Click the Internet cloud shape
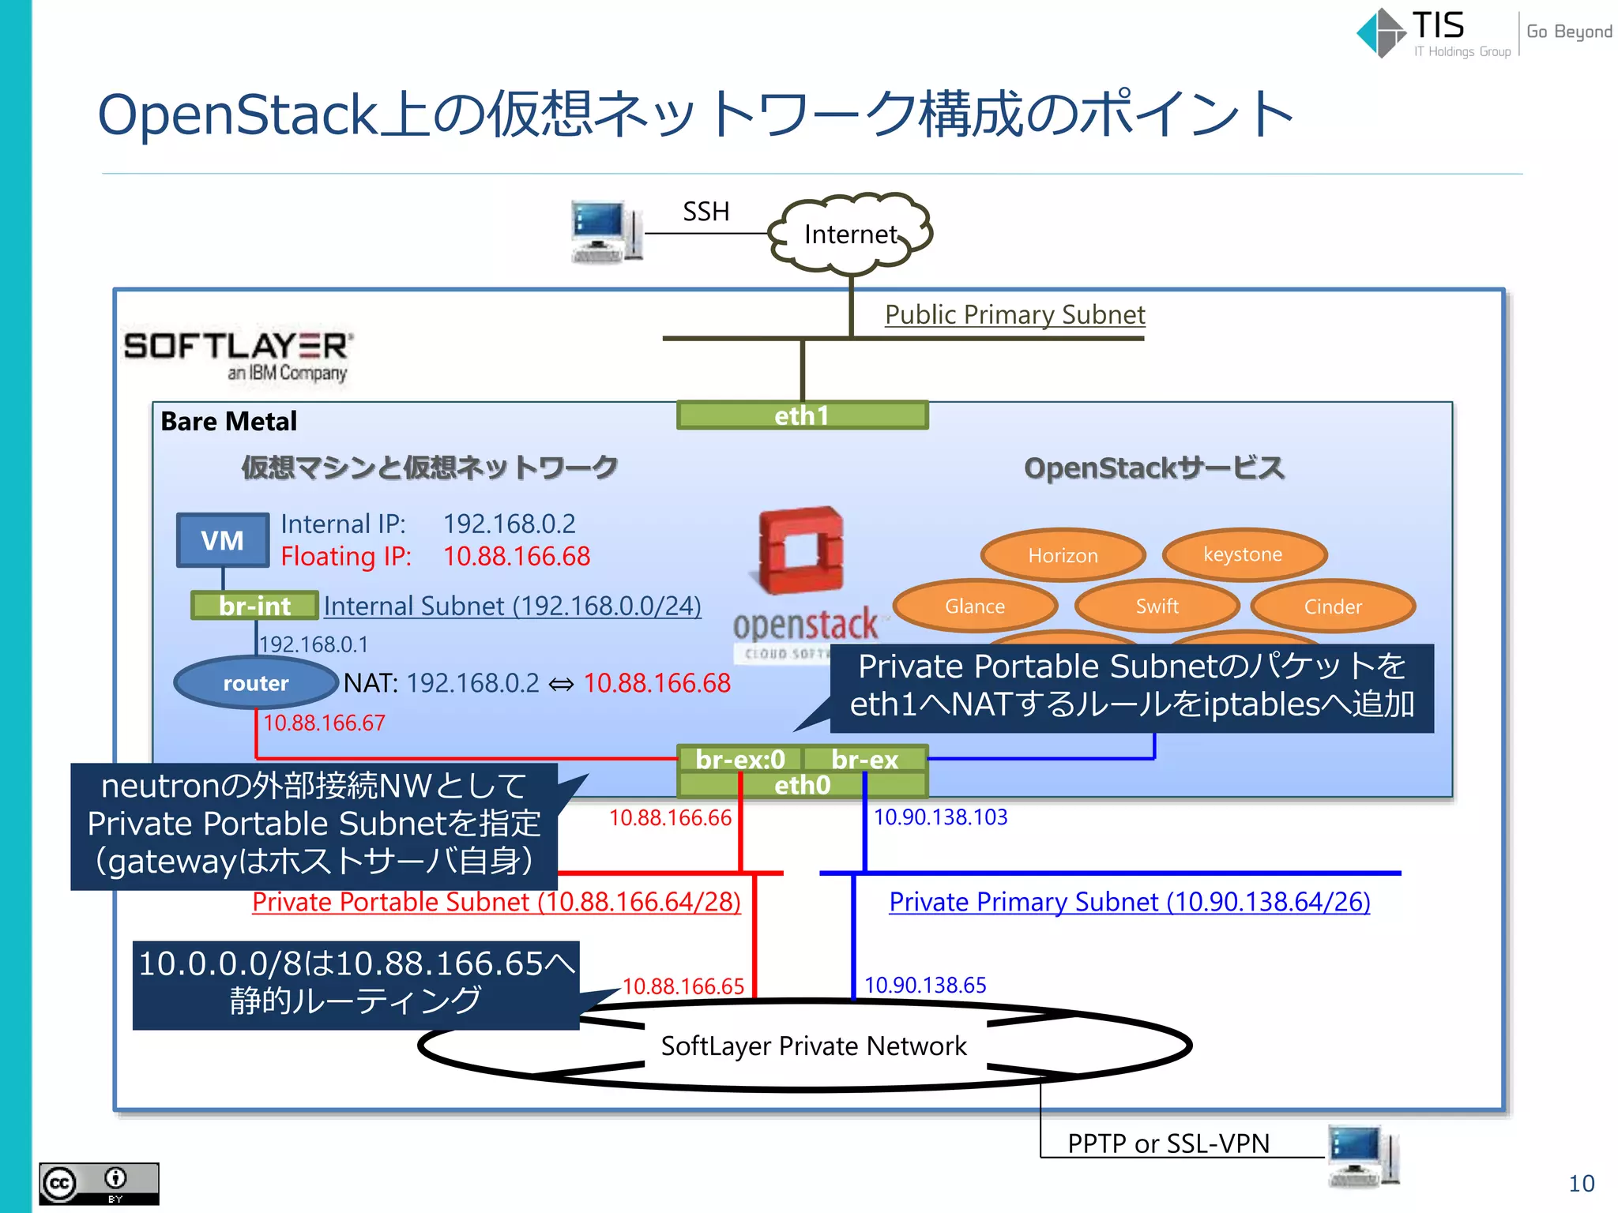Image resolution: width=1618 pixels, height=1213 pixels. pos(851,234)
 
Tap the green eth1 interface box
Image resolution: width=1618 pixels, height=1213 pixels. pos(802,415)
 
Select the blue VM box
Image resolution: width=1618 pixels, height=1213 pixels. pos(223,541)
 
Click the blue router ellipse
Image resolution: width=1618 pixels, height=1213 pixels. pos(255,683)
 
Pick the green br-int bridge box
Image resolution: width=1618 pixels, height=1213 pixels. pos(254,606)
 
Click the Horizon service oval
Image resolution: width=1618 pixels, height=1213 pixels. pos(1063,555)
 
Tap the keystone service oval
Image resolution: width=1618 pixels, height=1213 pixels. pos(1244,554)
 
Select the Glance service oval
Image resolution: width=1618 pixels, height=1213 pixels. pos(975,606)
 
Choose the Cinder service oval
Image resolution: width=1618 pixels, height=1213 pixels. pos(1333,606)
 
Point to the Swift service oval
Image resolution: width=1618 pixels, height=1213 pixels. pos(1157,606)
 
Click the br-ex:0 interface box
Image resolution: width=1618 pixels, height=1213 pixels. pos(739,759)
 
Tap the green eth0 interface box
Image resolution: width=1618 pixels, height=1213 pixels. pos(802,785)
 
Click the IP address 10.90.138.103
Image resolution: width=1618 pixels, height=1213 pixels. pos(940,817)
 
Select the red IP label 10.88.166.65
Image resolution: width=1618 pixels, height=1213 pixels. pos(683,986)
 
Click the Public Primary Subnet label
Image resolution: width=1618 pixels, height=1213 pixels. pos(1014,314)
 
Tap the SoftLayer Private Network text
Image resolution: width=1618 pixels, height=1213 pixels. pos(814,1046)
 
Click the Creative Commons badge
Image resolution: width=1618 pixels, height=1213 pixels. pos(99,1183)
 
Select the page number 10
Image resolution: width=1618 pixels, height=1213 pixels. pos(1581,1183)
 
